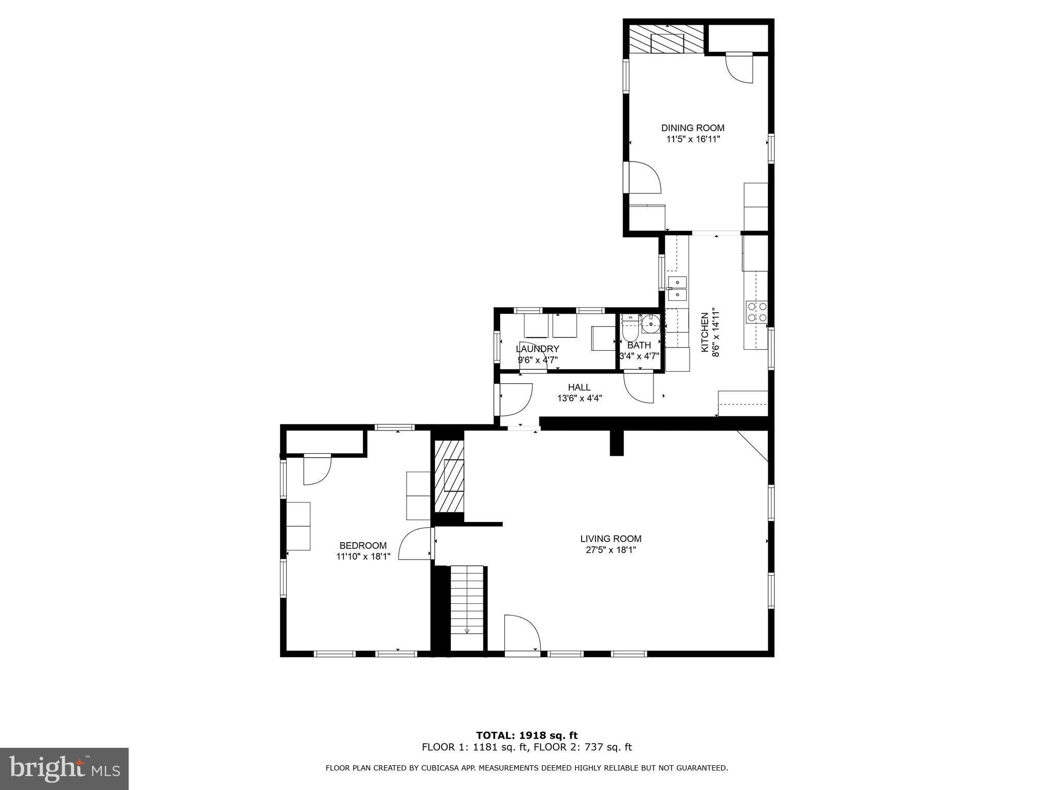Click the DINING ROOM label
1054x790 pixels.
pos(693,128)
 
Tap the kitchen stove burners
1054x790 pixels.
pos(757,312)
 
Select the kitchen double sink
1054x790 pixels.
pos(677,289)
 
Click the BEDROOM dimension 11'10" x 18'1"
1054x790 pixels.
pos(363,556)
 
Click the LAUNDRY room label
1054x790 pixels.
pos(537,349)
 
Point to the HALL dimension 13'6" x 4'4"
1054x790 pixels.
pos(579,398)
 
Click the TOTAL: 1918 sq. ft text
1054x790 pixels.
pos(527,735)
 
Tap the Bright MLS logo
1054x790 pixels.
pos(64,769)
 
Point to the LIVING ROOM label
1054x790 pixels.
pos(611,538)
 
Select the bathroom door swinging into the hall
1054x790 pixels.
pos(639,387)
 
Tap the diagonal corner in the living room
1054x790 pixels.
pos(753,445)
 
